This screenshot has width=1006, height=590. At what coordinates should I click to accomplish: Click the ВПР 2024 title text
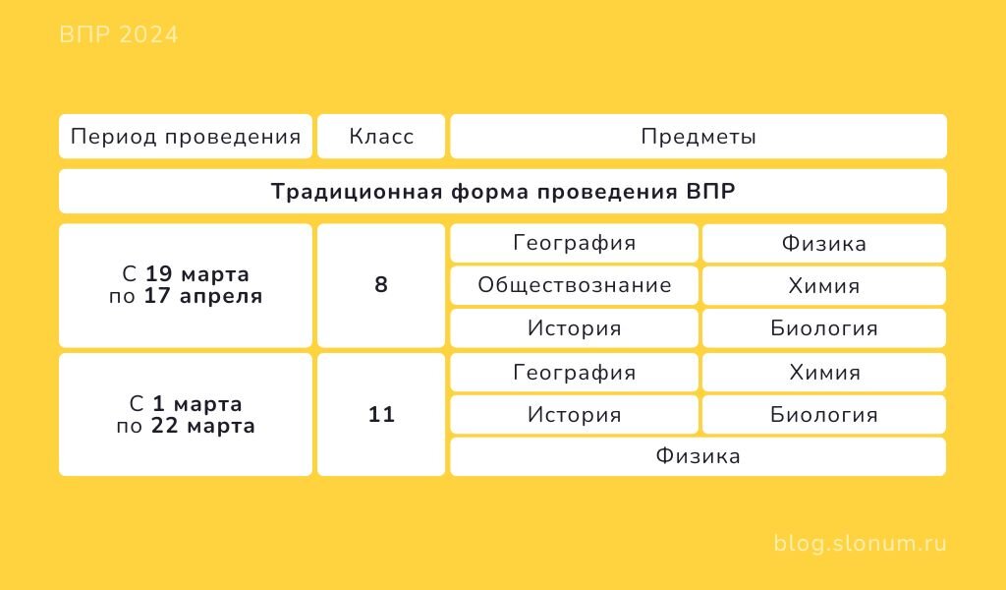pyautogui.click(x=119, y=34)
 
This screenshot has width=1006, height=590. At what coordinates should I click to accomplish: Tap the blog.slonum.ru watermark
pyautogui.click(x=860, y=543)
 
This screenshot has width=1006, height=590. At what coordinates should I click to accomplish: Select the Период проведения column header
pyautogui.click(x=186, y=136)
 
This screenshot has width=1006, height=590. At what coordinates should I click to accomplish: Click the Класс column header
pyautogui.click(x=381, y=136)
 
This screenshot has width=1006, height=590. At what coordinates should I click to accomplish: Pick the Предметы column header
pyautogui.click(x=699, y=136)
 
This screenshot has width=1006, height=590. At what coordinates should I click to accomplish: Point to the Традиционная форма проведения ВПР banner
pyautogui.click(x=503, y=192)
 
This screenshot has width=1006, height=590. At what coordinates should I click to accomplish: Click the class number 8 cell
pyautogui.click(x=381, y=285)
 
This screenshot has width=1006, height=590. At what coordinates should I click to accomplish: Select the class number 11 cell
pyautogui.click(x=381, y=414)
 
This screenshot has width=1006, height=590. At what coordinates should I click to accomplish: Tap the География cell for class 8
pyautogui.click(x=574, y=243)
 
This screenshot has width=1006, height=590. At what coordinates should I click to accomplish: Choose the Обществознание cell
pyautogui.click(x=574, y=285)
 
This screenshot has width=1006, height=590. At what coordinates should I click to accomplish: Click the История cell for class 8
pyautogui.click(x=574, y=328)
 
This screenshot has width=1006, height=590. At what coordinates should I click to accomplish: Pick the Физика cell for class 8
pyautogui.click(x=824, y=243)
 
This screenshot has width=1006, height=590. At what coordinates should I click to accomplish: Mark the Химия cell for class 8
pyautogui.click(x=824, y=285)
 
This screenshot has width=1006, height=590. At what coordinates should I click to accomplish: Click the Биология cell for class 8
pyautogui.click(x=824, y=328)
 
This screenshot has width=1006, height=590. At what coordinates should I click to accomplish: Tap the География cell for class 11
pyautogui.click(x=574, y=373)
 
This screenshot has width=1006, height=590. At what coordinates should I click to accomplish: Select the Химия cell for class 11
pyautogui.click(x=824, y=373)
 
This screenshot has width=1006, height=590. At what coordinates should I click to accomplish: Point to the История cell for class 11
pyautogui.click(x=574, y=415)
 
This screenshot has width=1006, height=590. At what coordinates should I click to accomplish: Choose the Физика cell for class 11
pyautogui.click(x=699, y=456)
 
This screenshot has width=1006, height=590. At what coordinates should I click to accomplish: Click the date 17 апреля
pyautogui.click(x=203, y=296)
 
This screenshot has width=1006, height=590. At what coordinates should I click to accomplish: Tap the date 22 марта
pyautogui.click(x=203, y=426)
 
